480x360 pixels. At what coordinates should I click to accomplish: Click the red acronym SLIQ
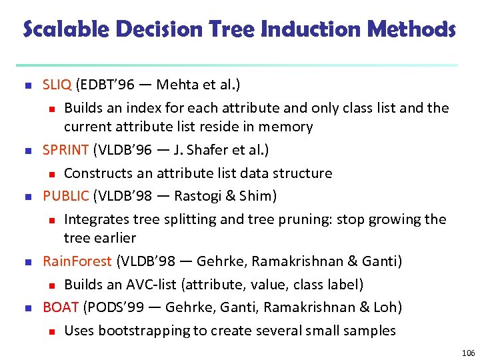[57, 85]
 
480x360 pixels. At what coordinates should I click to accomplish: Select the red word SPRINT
[65, 150]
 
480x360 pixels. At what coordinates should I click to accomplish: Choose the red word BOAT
[61, 307]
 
